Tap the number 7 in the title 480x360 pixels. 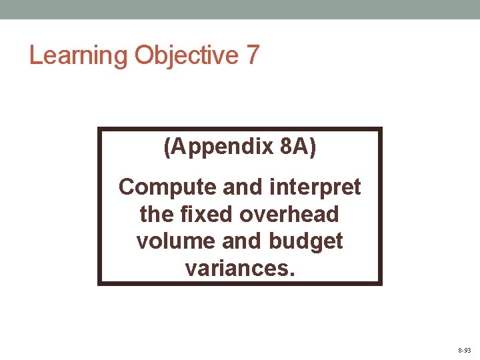click(x=252, y=55)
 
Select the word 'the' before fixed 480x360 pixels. click(x=155, y=215)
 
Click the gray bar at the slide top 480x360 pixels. click(x=240, y=9)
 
